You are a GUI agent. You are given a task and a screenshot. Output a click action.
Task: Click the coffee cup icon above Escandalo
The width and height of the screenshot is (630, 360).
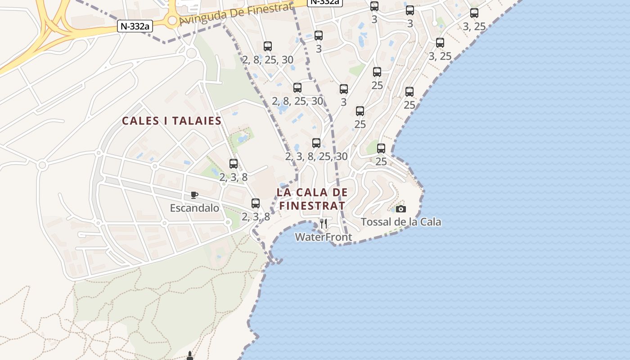(x=194, y=195)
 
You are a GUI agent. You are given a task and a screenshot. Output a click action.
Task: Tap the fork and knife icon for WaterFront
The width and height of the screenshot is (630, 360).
(x=323, y=223)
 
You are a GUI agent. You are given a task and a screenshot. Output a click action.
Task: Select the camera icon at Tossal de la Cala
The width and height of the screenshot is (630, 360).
(x=400, y=209)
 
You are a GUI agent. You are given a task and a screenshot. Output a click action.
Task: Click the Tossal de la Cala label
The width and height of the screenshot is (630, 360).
(x=401, y=222)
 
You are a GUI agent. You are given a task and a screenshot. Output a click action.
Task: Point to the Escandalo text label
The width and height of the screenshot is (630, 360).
(x=194, y=208)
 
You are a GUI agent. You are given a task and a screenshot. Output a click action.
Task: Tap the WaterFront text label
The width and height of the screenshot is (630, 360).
(x=323, y=237)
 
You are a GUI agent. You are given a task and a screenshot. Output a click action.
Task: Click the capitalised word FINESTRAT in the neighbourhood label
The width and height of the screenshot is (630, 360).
(x=312, y=206)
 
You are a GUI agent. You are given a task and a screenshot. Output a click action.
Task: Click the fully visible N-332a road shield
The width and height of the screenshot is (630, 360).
(x=135, y=26)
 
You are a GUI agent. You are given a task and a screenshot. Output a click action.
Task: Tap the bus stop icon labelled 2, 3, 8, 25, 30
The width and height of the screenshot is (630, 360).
(x=316, y=143)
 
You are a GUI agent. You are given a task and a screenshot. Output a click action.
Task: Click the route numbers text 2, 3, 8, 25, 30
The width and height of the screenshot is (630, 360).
(x=316, y=156)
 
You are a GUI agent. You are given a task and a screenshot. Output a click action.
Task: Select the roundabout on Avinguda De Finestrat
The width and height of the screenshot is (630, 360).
(x=172, y=20)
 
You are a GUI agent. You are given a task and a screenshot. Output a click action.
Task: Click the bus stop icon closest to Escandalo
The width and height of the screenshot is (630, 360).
(x=256, y=203)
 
